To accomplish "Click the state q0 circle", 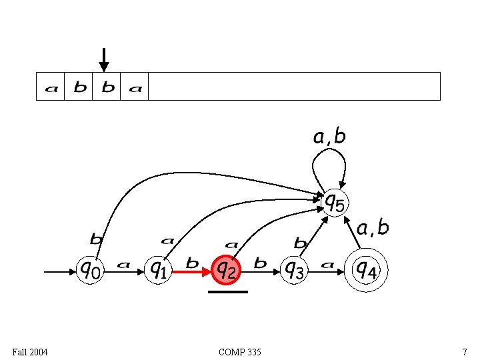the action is (91, 270).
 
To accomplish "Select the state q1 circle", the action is (158, 270).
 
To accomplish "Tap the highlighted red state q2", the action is (226, 270).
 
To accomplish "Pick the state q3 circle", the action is (294, 270).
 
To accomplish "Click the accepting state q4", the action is (365, 269).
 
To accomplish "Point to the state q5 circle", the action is (335, 202).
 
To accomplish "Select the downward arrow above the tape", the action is (103, 59).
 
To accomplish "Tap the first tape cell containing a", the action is (51, 87).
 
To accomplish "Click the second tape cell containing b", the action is (79, 87).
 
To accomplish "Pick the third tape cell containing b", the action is (107, 87).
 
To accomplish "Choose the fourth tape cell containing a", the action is (135, 87).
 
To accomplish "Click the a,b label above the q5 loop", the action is (329, 137).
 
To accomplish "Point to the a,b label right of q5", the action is (373, 229).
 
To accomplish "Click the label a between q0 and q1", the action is (123, 265).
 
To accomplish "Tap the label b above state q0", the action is (97, 238).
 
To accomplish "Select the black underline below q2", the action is (227, 291).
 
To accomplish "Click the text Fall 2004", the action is (29, 351).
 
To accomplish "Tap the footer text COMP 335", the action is (240, 351).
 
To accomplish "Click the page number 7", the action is (464, 351).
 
